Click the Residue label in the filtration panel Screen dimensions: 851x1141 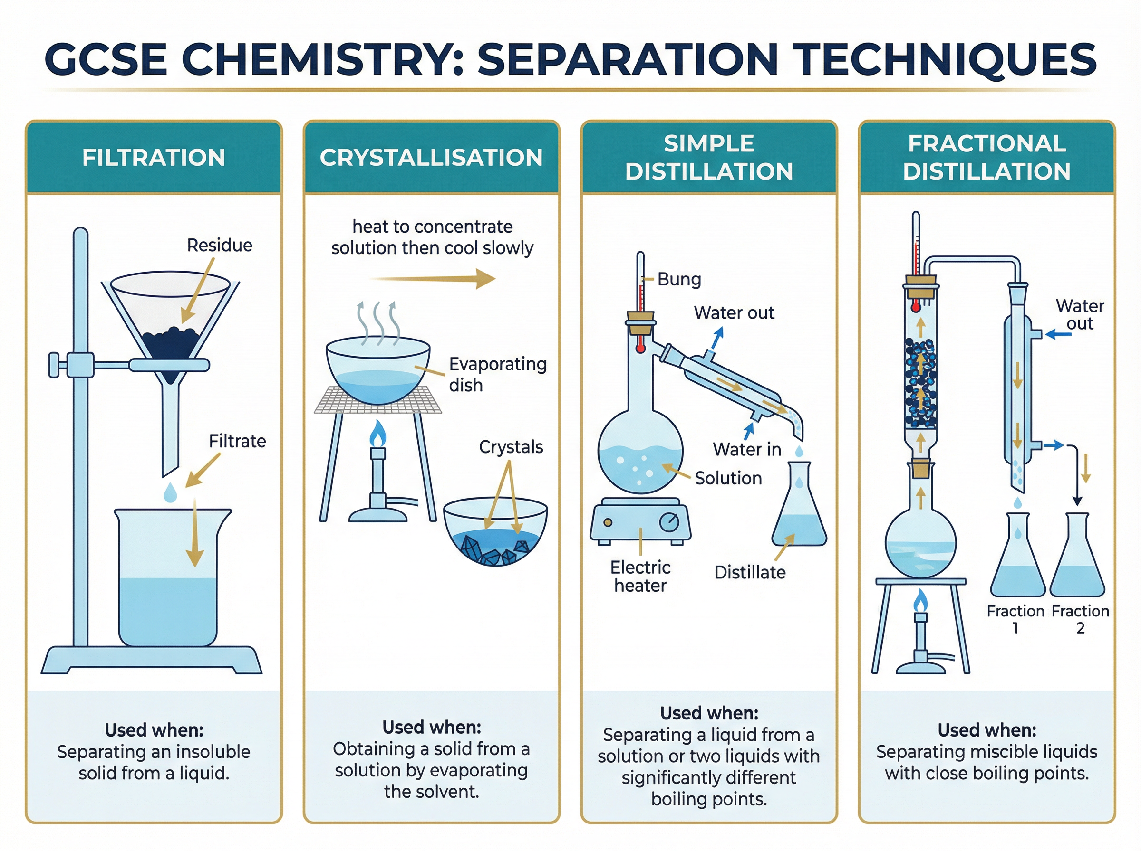[x=220, y=245]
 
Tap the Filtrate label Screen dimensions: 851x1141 [x=237, y=441]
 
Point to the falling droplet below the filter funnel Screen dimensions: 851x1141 [x=170, y=492]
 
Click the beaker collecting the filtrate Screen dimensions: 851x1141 [x=168, y=582]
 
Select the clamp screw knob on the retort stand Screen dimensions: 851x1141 [x=54, y=365]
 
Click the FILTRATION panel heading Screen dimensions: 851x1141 [x=154, y=158]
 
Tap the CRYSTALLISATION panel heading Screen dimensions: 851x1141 [x=431, y=158]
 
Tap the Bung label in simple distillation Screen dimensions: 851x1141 [x=679, y=279]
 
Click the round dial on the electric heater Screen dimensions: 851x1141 [x=669, y=522]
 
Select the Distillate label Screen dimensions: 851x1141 [x=750, y=572]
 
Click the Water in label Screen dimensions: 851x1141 [x=746, y=449]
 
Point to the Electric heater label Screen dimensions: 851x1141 [x=640, y=577]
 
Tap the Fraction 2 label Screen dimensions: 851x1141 [x=1080, y=619]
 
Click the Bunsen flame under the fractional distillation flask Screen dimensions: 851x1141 [x=920, y=601]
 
